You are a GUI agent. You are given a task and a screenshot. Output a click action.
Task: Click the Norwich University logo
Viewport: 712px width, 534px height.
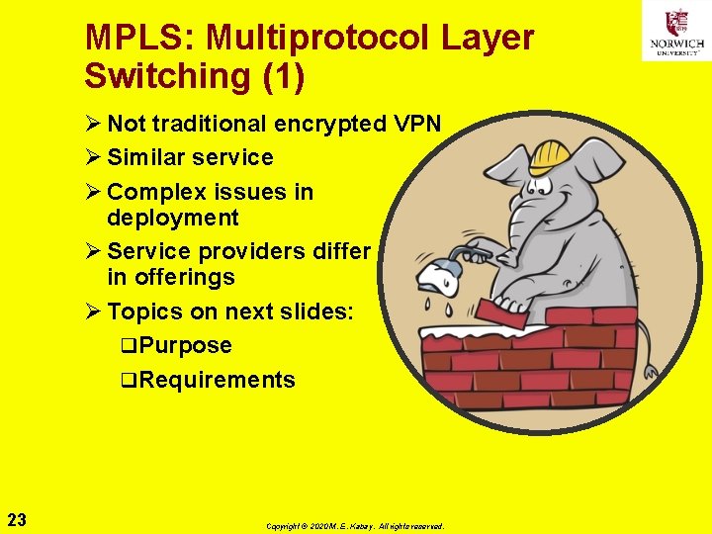[676, 32]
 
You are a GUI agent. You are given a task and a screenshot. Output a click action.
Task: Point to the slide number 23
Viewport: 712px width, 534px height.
[17, 517]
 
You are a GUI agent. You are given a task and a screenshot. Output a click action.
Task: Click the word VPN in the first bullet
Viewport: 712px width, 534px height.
[415, 124]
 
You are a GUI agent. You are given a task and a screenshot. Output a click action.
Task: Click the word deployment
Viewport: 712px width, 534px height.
[173, 218]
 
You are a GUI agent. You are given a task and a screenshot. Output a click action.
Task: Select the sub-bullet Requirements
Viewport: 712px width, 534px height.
[217, 380]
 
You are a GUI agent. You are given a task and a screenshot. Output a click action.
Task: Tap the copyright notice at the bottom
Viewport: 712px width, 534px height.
[355, 526]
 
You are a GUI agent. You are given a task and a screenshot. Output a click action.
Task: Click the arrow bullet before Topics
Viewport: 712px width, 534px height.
[93, 311]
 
